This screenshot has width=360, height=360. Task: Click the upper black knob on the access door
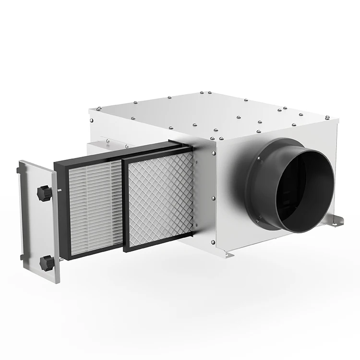(x=44, y=194)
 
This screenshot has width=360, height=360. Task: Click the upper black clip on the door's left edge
(x=18, y=170)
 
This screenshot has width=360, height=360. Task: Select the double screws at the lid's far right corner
(x=327, y=117)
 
